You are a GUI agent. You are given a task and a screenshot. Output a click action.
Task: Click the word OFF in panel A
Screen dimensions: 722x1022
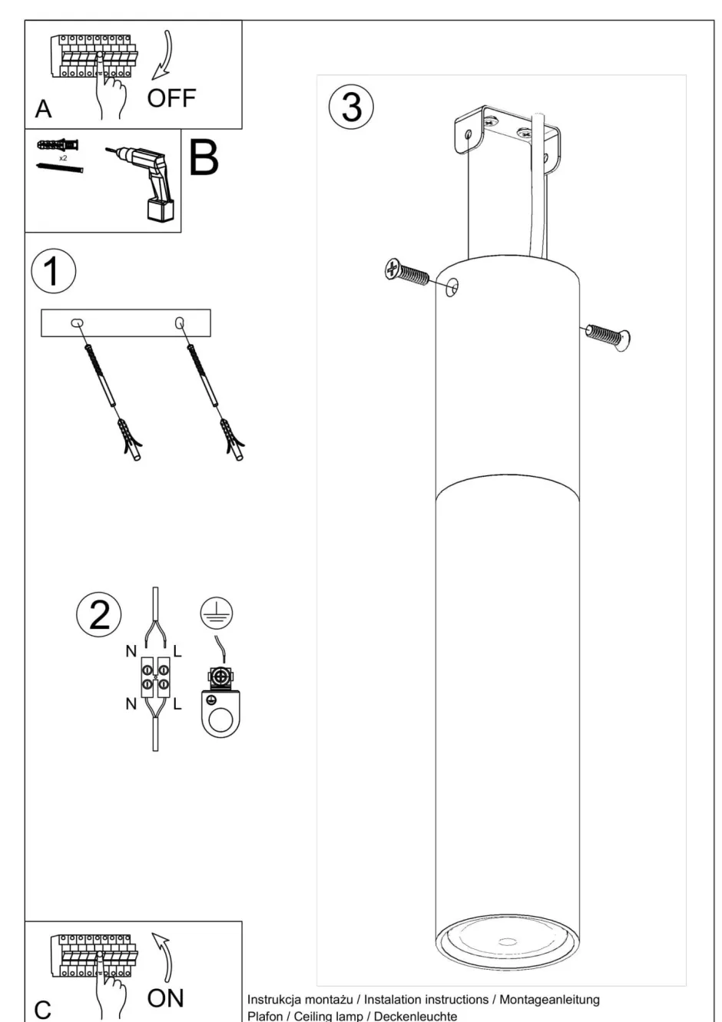pyautogui.click(x=171, y=98)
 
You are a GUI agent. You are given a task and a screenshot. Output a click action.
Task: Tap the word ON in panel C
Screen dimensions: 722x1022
pyautogui.click(x=165, y=998)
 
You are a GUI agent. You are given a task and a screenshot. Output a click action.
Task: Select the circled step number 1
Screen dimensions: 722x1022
pyautogui.click(x=54, y=271)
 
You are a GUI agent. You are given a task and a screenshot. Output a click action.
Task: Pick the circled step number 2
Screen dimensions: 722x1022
pyautogui.click(x=99, y=615)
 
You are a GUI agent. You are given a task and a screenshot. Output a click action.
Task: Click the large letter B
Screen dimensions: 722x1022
pyautogui.click(x=203, y=158)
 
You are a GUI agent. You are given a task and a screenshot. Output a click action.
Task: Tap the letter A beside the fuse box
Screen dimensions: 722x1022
pyautogui.click(x=43, y=109)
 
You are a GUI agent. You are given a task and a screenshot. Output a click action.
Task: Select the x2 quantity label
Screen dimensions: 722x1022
pyautogui.click(x=63, y=158)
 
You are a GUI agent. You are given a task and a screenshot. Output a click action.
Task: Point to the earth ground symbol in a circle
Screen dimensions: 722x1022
pyautogui.click(x=217, y=613)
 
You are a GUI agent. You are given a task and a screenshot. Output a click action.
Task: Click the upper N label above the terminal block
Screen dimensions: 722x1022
pyautogui.click(x=131, y=651)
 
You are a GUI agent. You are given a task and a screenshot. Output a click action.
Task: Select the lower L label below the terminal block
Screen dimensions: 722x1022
pyautogui.click(x=177, y=704)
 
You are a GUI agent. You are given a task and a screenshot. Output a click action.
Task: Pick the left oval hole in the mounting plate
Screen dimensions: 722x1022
pyautogui.click(x=77, y=323)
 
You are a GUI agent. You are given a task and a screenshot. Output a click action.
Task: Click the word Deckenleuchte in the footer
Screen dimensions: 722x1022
pyautogui.click(x=416, y=1016)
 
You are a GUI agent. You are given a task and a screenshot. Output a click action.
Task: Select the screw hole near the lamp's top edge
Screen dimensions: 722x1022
pyautogui.click(x=452, y=287)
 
